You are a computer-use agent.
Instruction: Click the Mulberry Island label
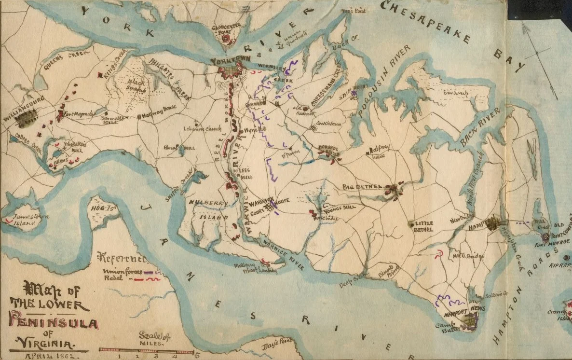[208, 210]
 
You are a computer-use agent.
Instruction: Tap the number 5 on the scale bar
[195, 356]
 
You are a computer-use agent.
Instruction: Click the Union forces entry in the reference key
[123, 272]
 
